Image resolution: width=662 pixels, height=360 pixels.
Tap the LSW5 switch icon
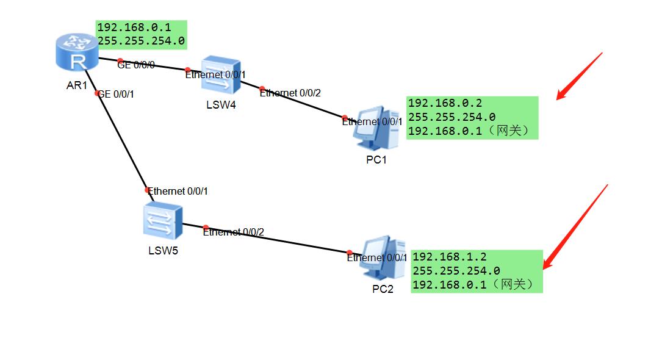(163, 221)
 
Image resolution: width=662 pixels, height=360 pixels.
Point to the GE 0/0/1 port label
(116, 94)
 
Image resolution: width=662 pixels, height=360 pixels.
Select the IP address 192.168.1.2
(450, 257)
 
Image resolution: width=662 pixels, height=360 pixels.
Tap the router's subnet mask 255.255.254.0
(141, 41)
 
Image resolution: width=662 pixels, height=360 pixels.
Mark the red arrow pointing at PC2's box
(577, 226)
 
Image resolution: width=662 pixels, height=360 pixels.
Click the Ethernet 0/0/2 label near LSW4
(290, 93)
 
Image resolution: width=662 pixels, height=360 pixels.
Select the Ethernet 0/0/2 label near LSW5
(234, 232)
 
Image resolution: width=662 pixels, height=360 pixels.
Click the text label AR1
(77, 85)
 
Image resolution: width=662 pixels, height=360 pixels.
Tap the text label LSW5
(163, 250)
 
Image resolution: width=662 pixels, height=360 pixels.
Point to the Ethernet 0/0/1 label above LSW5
(178, 191)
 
